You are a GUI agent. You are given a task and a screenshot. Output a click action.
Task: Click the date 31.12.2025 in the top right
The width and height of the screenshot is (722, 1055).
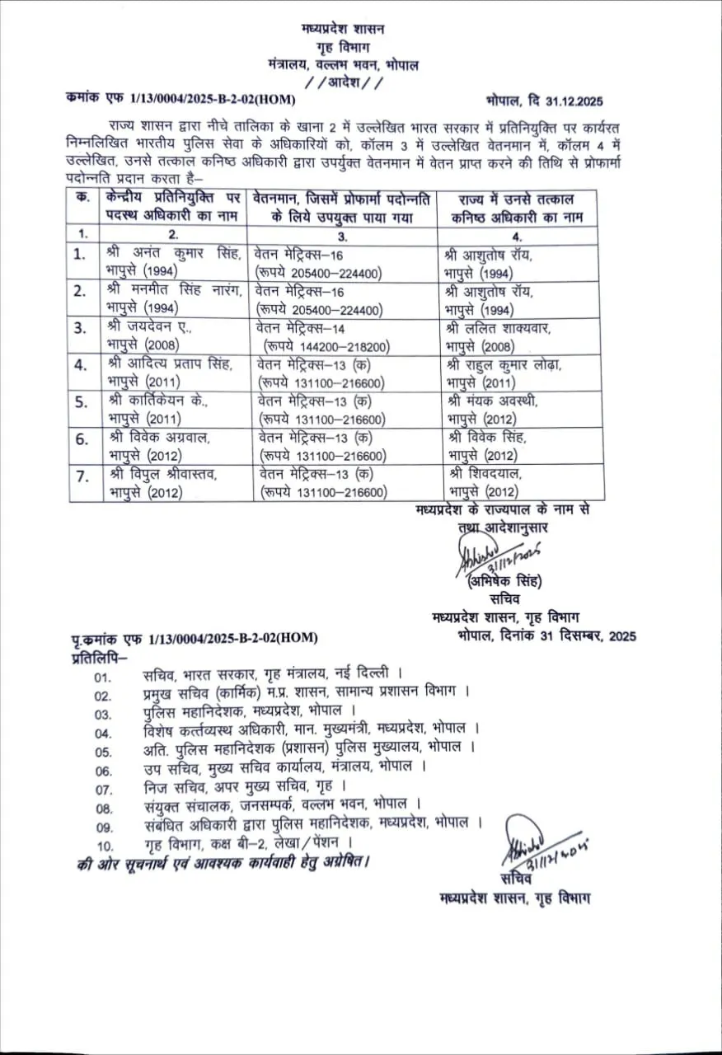point(568,101)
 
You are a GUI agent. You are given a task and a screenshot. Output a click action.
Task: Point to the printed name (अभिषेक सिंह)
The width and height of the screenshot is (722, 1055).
point(504,582)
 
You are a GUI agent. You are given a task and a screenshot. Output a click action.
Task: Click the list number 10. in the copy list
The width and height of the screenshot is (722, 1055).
point(105,845)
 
